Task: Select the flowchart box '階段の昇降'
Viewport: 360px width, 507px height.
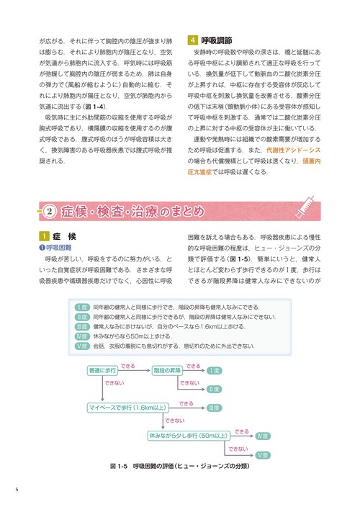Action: click(x=166, y=370)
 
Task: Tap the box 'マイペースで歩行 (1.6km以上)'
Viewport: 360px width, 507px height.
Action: click(x=126, y=408)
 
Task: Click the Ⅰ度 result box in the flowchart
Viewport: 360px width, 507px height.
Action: click(x=214, y=370)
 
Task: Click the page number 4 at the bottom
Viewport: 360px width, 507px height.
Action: click(x=16, y=492)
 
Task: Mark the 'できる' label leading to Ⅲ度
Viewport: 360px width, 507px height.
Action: click(x=186, y=404)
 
